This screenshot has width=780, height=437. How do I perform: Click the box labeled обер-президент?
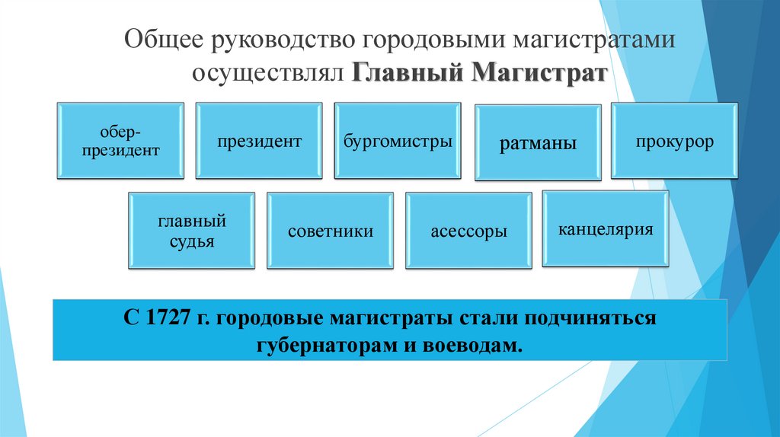click(120, 141)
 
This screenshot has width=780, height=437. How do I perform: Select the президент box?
click(259, 141)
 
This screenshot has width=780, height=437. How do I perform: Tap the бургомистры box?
click(398, 141)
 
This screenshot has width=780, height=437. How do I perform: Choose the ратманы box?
click(538, 143)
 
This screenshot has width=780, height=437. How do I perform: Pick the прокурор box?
click(675, 141)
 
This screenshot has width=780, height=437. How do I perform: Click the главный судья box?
click(190, 231)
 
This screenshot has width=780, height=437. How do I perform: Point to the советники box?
click(330, 231)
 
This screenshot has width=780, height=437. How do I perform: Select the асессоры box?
click(468, 231)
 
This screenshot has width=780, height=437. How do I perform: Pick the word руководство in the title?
click(283, 40)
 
